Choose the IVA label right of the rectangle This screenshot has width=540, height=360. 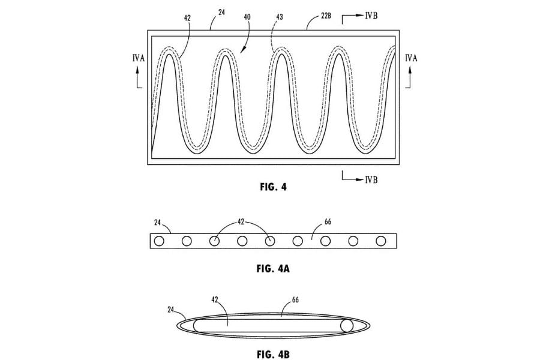412,58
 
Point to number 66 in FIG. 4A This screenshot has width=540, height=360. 327,222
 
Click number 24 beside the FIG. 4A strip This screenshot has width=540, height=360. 157,222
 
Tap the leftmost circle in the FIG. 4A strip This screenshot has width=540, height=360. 159,241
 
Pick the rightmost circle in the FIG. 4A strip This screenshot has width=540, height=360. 380,241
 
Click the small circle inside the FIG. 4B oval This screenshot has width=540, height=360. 346,326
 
